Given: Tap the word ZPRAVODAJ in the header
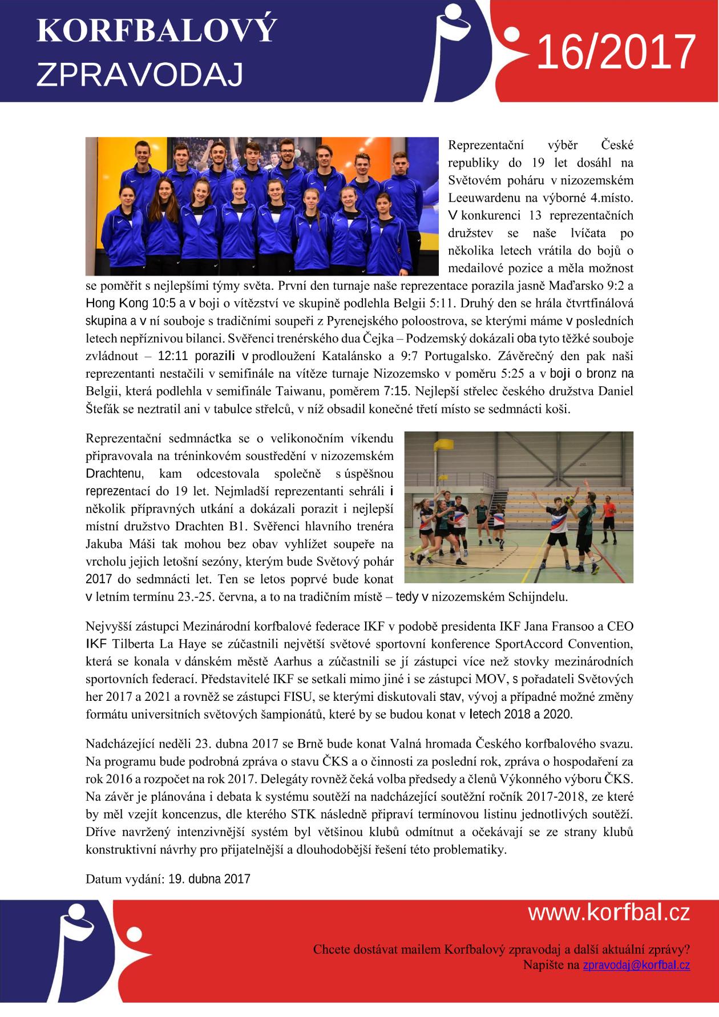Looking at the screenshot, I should pyautogui.click(x=139, y=74).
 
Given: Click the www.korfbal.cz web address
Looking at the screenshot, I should pyautogui.click(x=609, y=913).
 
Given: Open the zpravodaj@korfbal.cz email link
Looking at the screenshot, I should pyautogui.click(x=636, y=965).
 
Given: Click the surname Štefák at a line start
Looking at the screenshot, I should pyautogui.click(x=101, y=409).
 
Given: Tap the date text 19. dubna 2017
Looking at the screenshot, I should pyautogui.click(x=209, y=878).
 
